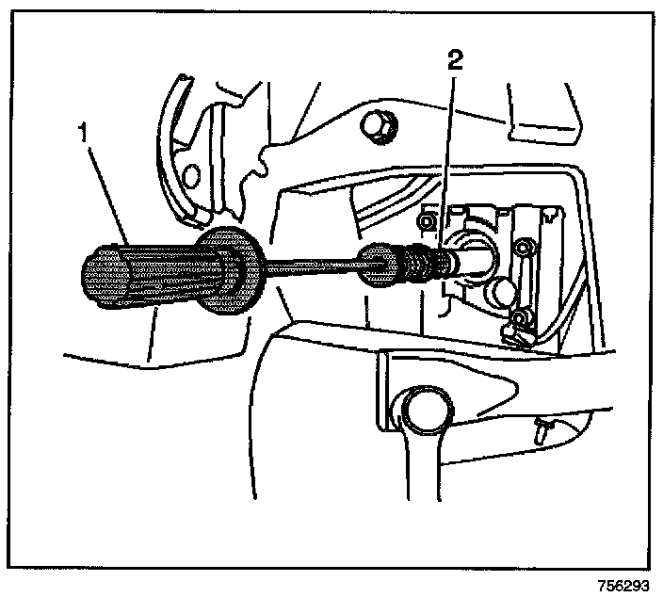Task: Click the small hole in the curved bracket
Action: pyautogui.click(x=192, y=174)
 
